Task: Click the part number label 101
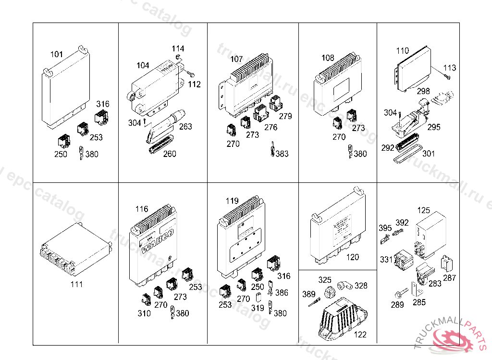[57, 54]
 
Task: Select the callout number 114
[178, 49]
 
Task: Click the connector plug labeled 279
[276, 103]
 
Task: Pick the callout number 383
[283, 154]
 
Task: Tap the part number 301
[429, 154]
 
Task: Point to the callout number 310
[144, 313]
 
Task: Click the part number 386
[282, 293]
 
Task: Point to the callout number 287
[450, 278]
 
